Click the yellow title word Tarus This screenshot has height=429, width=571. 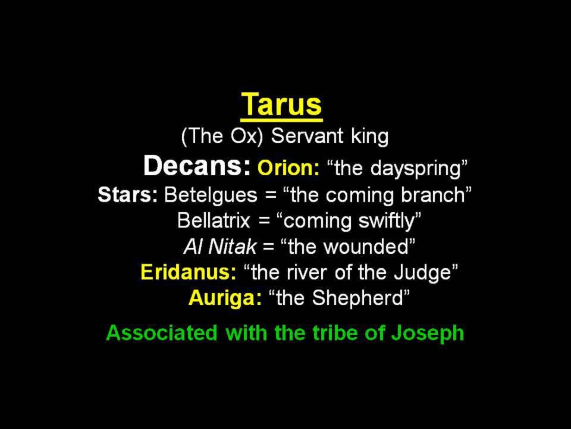point(281,104)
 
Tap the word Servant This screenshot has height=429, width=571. point(308,136)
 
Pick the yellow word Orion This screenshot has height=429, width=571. point(288,168)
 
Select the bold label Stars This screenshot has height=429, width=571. point(128,195)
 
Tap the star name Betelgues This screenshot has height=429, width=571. point(211,196)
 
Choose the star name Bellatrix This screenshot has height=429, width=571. point(214,220)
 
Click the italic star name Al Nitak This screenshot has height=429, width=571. point(220,247)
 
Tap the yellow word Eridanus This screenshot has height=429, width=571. point(189,272)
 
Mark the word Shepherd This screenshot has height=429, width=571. point(357,299)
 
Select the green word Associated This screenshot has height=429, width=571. point(162,332)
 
